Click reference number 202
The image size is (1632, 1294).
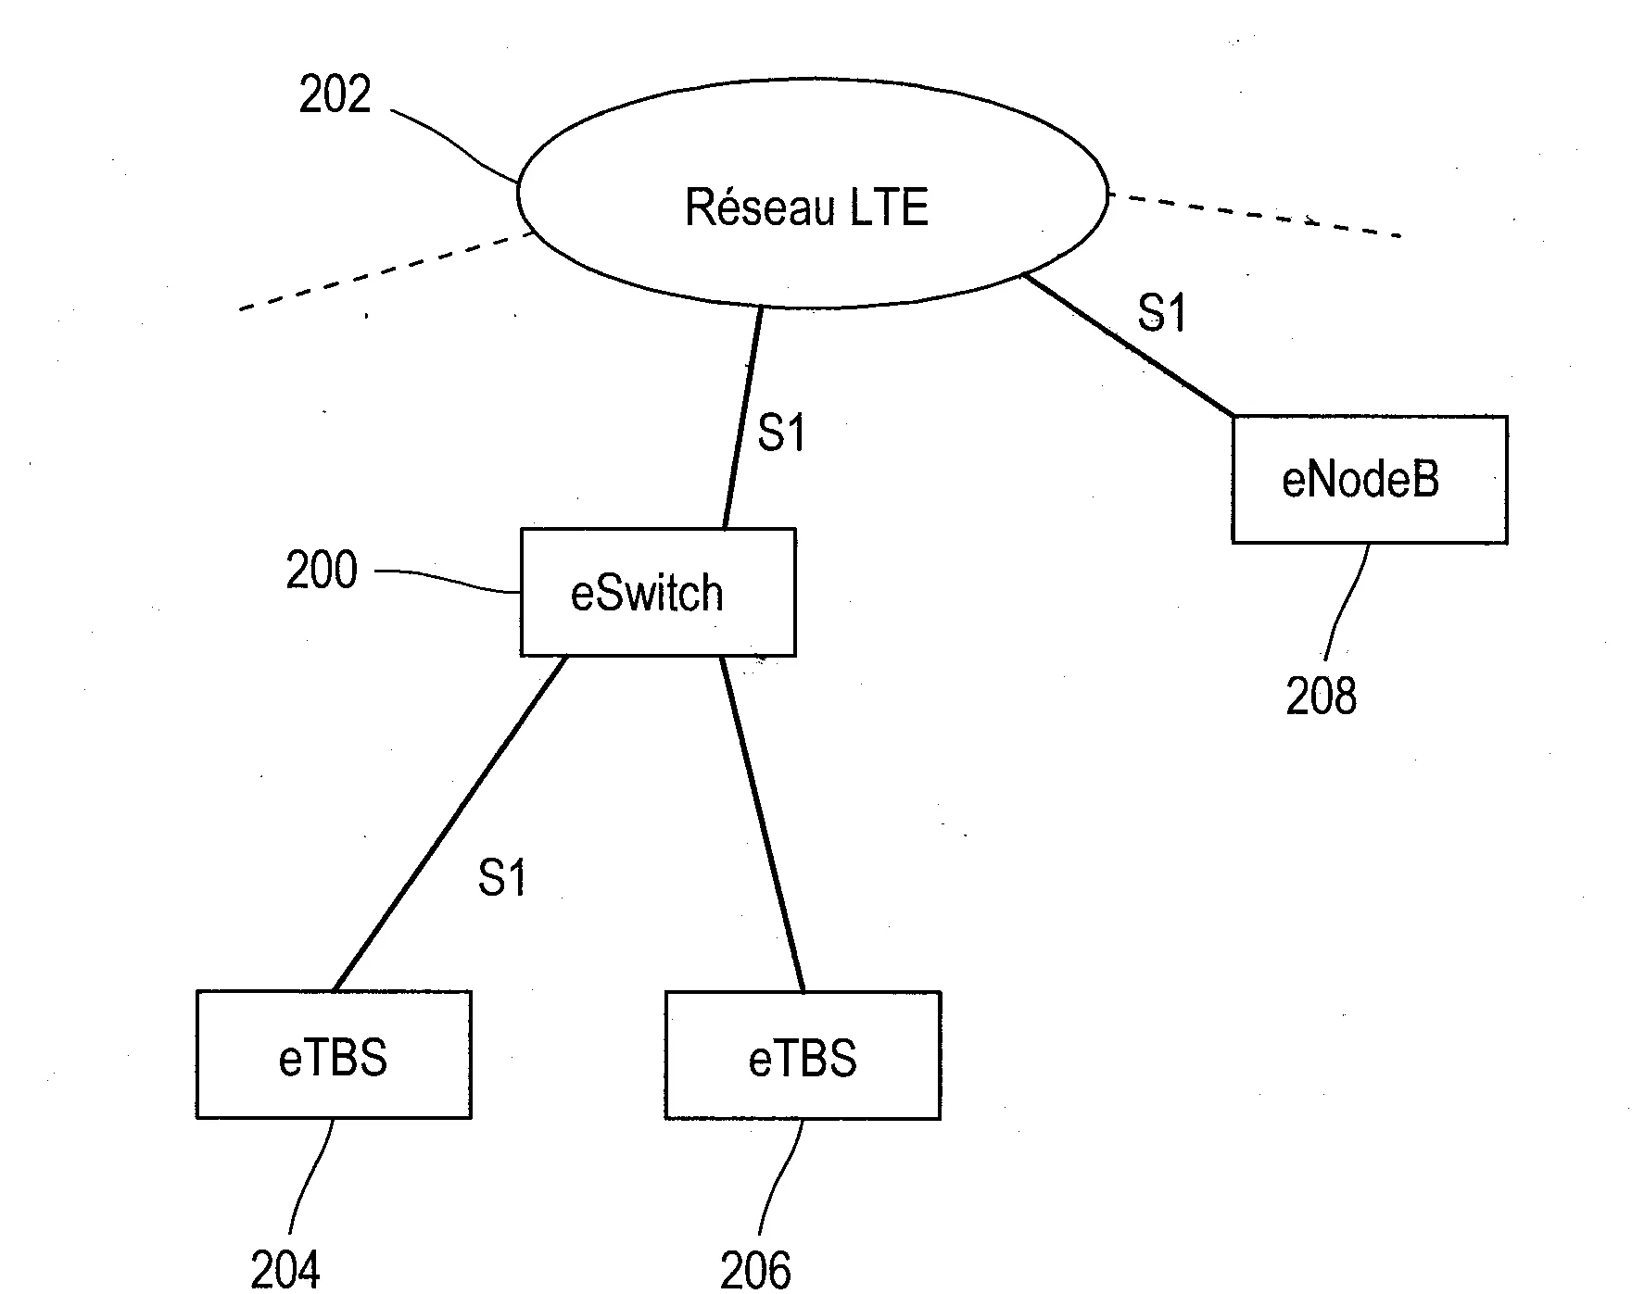point(335,94)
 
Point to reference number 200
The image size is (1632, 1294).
point(322,571)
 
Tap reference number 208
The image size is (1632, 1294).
point(1321,696)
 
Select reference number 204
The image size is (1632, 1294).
point(285,1270)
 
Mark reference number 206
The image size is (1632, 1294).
point(755,1270)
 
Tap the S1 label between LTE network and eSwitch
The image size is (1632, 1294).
point(782,433)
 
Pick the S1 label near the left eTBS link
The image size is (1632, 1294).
point(502,877)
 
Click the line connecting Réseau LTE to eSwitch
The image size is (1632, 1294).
point(742,418)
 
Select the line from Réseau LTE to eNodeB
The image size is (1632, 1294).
point(1128,345)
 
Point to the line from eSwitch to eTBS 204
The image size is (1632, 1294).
point(449,823)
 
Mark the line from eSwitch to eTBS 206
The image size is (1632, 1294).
point(763,823)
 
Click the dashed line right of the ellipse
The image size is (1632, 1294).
point(1255,215)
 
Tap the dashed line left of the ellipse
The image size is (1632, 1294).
point(386,270)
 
